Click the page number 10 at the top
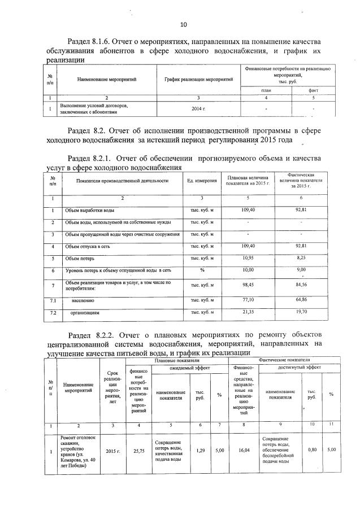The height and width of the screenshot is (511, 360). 183,24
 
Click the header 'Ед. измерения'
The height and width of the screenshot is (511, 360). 202,181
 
